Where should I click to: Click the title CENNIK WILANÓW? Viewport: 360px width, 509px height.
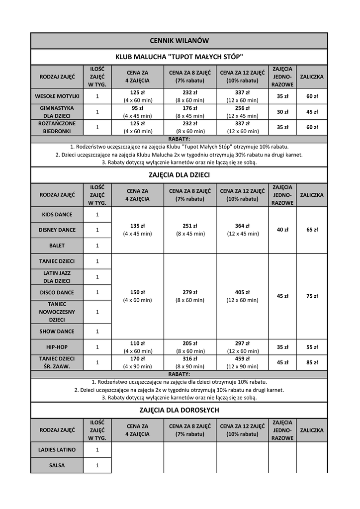pos(179,41)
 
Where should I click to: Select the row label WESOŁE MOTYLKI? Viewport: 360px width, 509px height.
pos(57,96)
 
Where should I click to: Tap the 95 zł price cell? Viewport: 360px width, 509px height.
pos(138,108)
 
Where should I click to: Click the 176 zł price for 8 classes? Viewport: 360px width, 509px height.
pos(190,108)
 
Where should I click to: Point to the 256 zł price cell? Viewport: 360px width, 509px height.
pos(242,108)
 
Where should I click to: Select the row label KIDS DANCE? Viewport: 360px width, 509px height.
pos(57,215)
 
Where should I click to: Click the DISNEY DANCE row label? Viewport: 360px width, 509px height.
pos(57,230)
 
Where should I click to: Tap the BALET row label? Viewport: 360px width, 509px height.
pos(57,246)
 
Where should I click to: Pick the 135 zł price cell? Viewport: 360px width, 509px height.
pos(138,226)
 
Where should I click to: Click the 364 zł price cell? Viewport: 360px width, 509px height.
pos(242,226)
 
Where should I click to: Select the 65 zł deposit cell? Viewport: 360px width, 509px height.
pos(312,230)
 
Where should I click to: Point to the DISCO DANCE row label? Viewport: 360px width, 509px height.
pos(57,292)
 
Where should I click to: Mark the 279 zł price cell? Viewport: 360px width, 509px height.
pos(190,292)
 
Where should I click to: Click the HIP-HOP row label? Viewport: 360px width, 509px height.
pos(57,347)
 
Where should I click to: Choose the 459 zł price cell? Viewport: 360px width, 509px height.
pos(242,359)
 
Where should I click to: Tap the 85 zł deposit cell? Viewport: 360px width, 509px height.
pos(312,362)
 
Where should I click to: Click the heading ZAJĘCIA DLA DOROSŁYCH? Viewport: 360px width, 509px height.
pos(179,410)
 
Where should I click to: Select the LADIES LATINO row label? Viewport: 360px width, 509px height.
pos(57,450)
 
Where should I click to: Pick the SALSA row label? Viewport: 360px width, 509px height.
pos(57,465)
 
